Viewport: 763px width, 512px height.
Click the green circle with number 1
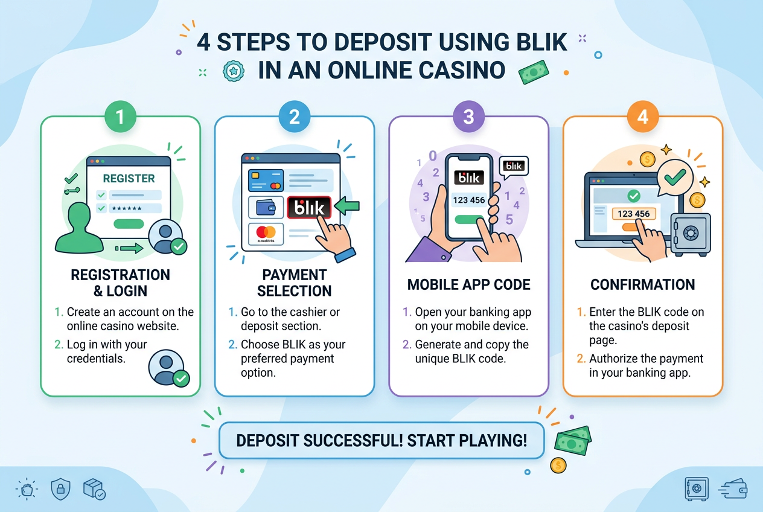pos(120,117)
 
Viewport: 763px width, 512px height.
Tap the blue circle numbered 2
pos(295,117)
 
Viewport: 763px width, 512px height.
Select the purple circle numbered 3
pos(468,117)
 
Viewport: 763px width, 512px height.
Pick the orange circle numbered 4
pos(643,117)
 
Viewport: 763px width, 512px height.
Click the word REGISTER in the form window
pos(129,178)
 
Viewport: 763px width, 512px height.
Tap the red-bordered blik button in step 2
pos(309,207)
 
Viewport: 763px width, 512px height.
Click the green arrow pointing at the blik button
pos(346,205)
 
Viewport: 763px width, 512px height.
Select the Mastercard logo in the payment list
pos(266,232)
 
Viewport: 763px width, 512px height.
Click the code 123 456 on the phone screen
pos(468,200)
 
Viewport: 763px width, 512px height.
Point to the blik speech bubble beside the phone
pos(514,167)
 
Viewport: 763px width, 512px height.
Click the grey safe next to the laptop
pos(691,234)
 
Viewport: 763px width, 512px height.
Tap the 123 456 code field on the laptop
pos(634,214)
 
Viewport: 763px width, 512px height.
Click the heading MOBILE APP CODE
pos(468,284)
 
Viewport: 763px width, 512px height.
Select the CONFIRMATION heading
pos(643,284)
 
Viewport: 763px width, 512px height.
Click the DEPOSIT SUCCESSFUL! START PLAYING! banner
pos(381,441)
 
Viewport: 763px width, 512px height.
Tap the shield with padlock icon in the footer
pos(60,490)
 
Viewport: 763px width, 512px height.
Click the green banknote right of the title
pos(534,72)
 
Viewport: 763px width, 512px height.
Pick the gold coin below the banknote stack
pos(558,466)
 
